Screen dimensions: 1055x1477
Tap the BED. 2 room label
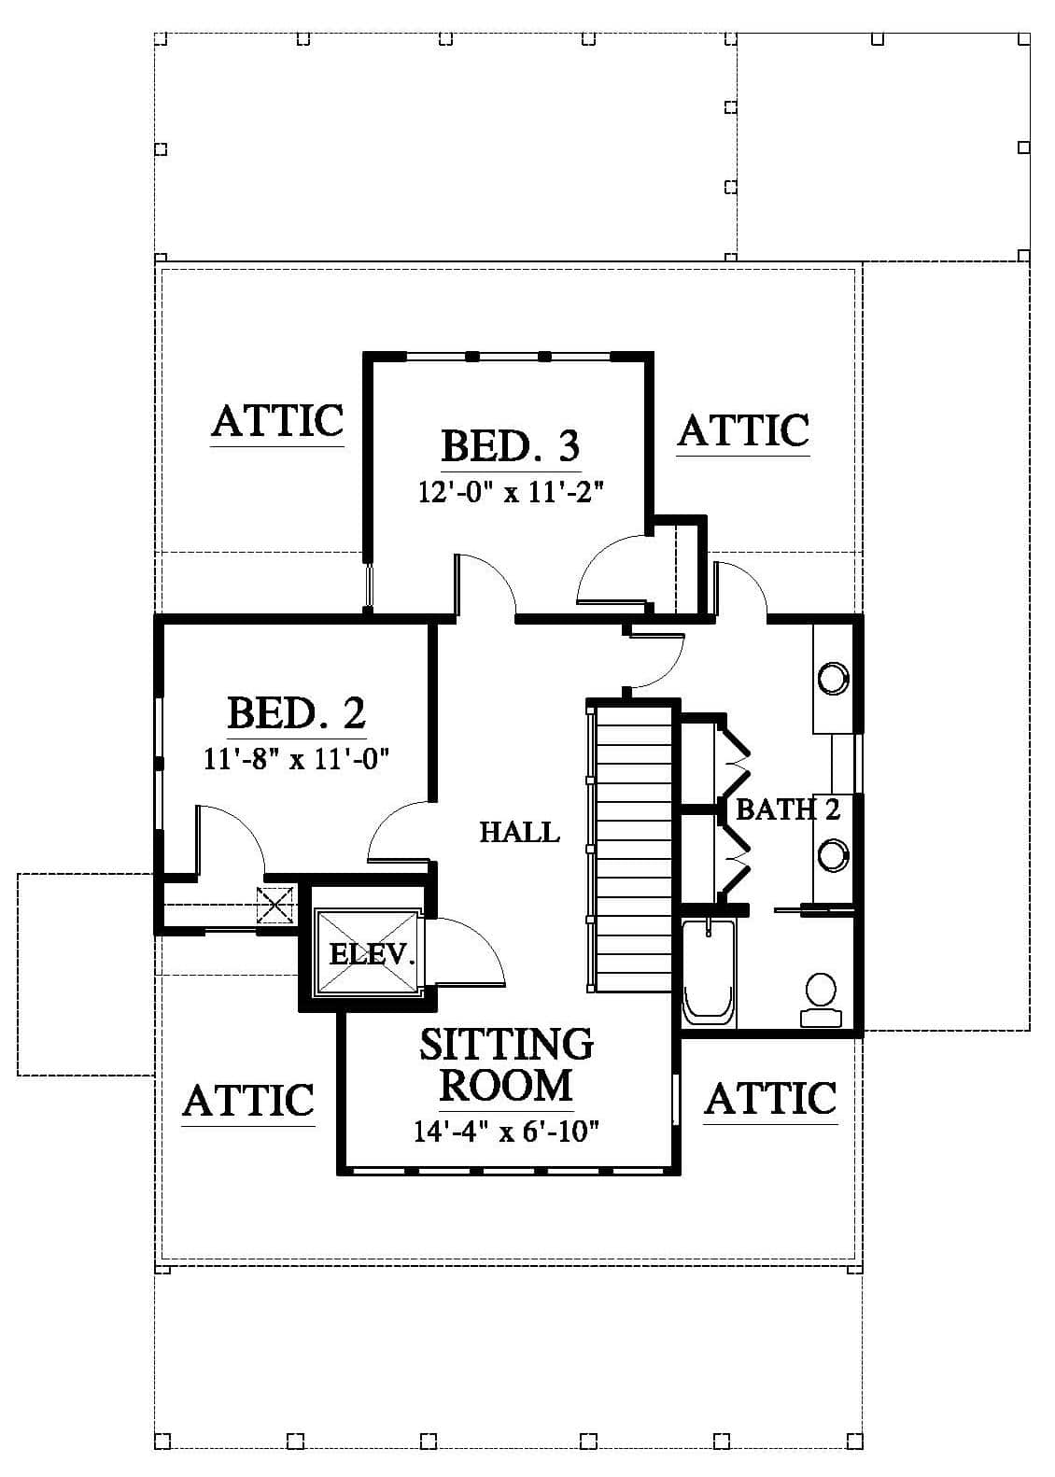tap(296, 712)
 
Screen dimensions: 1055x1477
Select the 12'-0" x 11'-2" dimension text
tap(511, 492)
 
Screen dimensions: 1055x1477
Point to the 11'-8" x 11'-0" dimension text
tap(296, 760)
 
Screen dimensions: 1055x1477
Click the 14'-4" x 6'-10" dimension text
tap(506, 1132)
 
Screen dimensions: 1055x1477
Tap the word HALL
tap(520, 832)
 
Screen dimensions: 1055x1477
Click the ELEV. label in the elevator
tap(373, 954)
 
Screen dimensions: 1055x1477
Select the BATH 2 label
tap(788, 809)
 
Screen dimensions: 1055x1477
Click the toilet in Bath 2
tap(822, 1000)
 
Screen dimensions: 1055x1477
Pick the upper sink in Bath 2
tap(834, 678)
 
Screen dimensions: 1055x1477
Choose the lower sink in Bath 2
tap(834, 855)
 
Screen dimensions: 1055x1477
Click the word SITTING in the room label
tap(506, 1044)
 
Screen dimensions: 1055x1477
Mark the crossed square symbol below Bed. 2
tap(275, 907)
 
